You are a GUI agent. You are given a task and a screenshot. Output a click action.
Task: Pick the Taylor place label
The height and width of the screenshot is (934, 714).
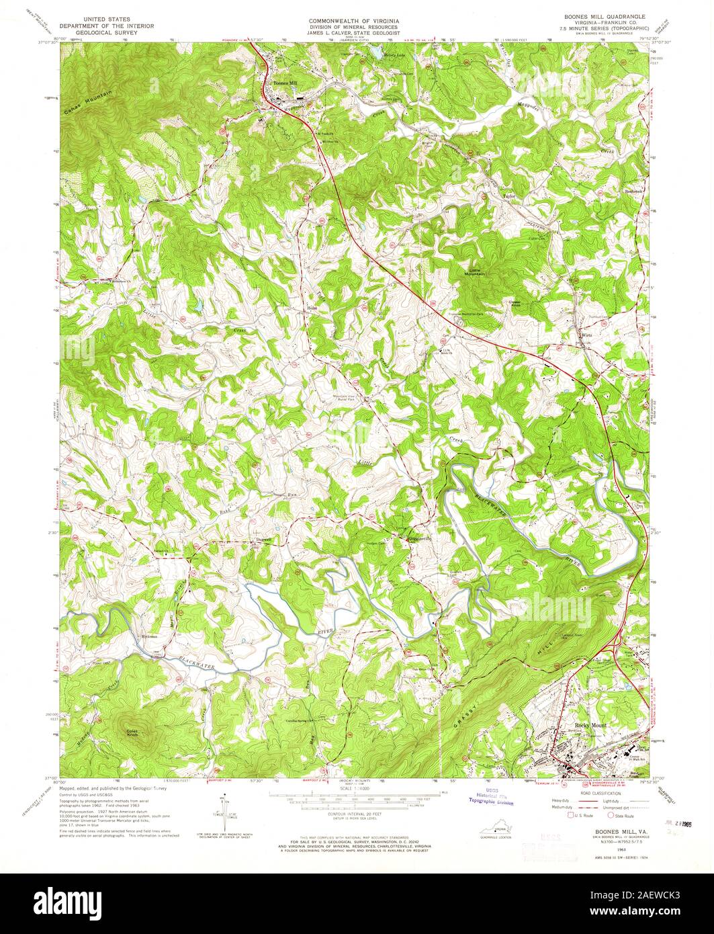pos(509,197)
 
